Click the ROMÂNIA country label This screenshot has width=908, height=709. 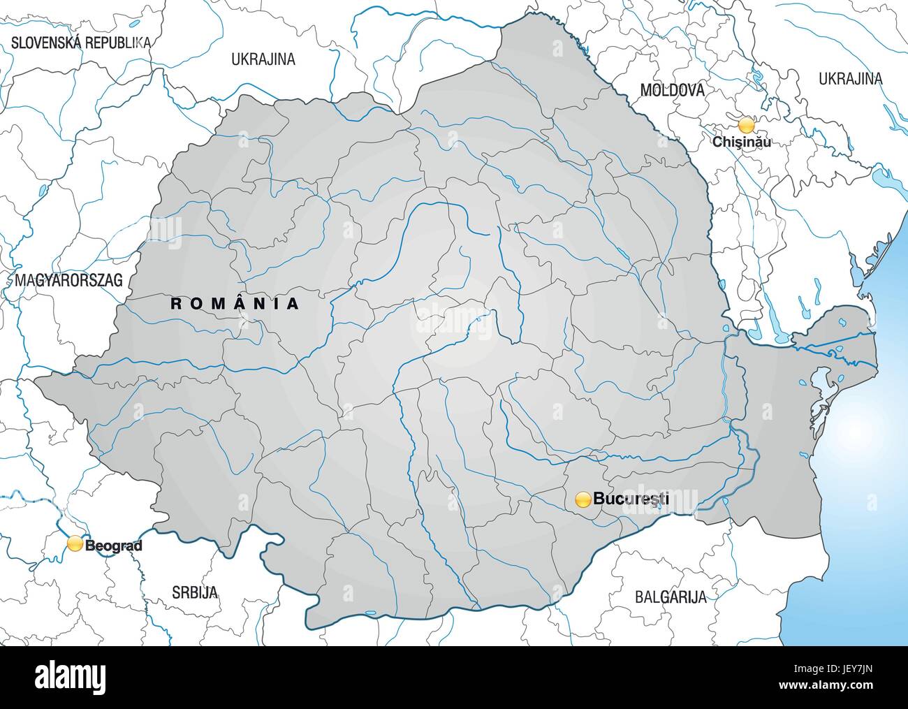pos(235,303)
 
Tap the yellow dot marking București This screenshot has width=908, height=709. pos(583,499)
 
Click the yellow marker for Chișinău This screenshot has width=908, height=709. pos(747,126)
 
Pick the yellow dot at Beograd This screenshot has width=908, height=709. pos(74,543)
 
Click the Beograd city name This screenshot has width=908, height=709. pos(113,545)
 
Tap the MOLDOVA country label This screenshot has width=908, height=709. pos(672,90)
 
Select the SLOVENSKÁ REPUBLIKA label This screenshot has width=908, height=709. pos(81,42)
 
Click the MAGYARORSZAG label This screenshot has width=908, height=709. pos(68,281)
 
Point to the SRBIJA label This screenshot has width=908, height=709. pos(195,592)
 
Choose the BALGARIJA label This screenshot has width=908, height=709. pos(671,597)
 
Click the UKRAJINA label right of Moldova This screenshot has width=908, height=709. pos(851,78)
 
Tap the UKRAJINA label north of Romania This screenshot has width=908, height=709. pos(263,59)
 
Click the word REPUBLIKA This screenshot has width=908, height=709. pos(117,42)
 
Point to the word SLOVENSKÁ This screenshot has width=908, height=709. pos(46,42)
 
